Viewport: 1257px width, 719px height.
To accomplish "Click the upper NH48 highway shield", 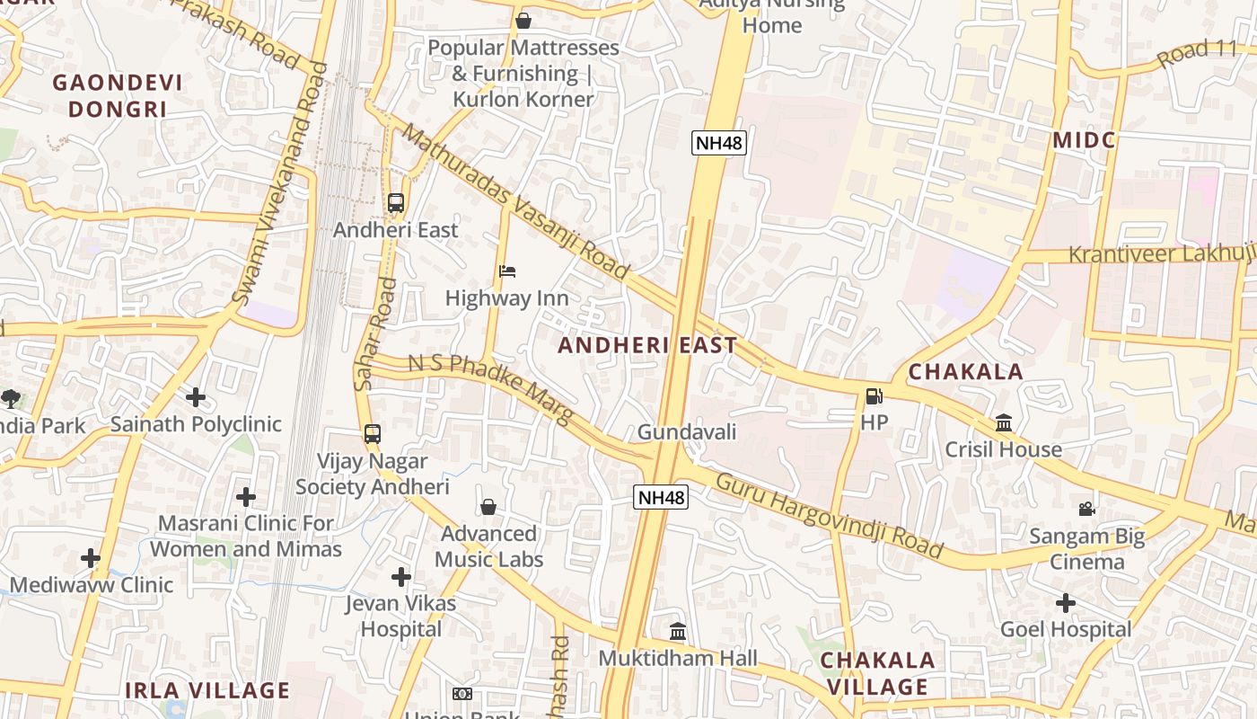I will point(719,143).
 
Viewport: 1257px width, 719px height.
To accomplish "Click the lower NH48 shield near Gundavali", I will point(661,497).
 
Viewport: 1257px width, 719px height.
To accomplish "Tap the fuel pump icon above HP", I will point(874,395).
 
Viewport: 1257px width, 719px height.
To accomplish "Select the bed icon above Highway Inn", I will point(507,271).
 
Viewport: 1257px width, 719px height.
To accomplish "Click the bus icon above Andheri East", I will point(396,203).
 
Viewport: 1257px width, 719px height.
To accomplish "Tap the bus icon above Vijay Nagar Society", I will point(373,434).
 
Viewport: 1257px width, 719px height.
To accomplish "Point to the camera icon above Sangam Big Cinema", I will point(1087,510).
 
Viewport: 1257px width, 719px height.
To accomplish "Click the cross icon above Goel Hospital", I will point(1066,603).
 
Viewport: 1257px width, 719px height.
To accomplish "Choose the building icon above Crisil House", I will point(1004,422).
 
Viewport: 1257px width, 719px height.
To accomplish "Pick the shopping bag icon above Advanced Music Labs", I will point(488,508).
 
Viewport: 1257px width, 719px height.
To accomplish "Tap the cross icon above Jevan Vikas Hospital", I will point(401,577).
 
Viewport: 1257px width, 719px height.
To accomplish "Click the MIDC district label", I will point(1084,140).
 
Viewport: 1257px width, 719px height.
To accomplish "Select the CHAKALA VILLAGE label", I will point(877,673).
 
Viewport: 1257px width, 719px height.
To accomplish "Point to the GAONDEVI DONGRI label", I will point(118,96).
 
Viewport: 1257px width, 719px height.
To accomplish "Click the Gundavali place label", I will point(687,432).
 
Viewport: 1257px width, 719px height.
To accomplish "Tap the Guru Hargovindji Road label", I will point(829,515).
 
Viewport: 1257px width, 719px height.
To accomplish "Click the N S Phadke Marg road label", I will point(490,387).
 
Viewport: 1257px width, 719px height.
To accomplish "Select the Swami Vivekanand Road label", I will point(281,183).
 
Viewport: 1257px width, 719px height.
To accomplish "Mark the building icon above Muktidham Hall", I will point(678,632).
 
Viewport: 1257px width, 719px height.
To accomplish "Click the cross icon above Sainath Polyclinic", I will point(196,397).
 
